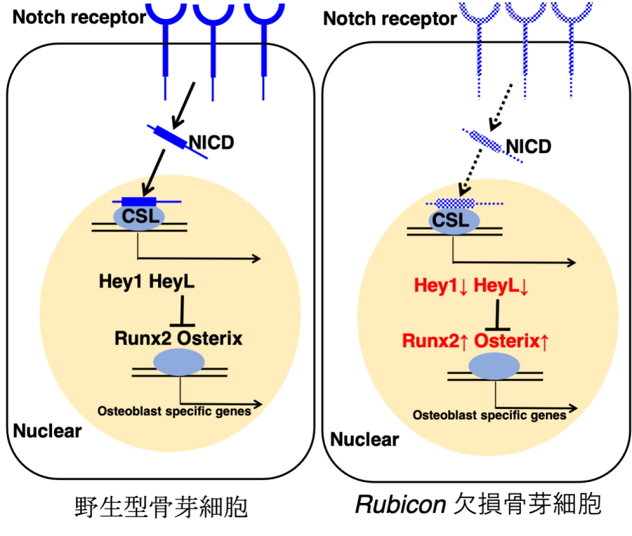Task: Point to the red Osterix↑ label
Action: tap(512, 341)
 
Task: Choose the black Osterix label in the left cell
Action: tap(210, 338)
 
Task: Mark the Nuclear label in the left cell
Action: tap(47, 430)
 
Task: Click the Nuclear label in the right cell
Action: tap(364, 440)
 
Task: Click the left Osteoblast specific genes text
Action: tap(174, 411)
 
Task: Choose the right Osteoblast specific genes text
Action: tap(489, 415)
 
